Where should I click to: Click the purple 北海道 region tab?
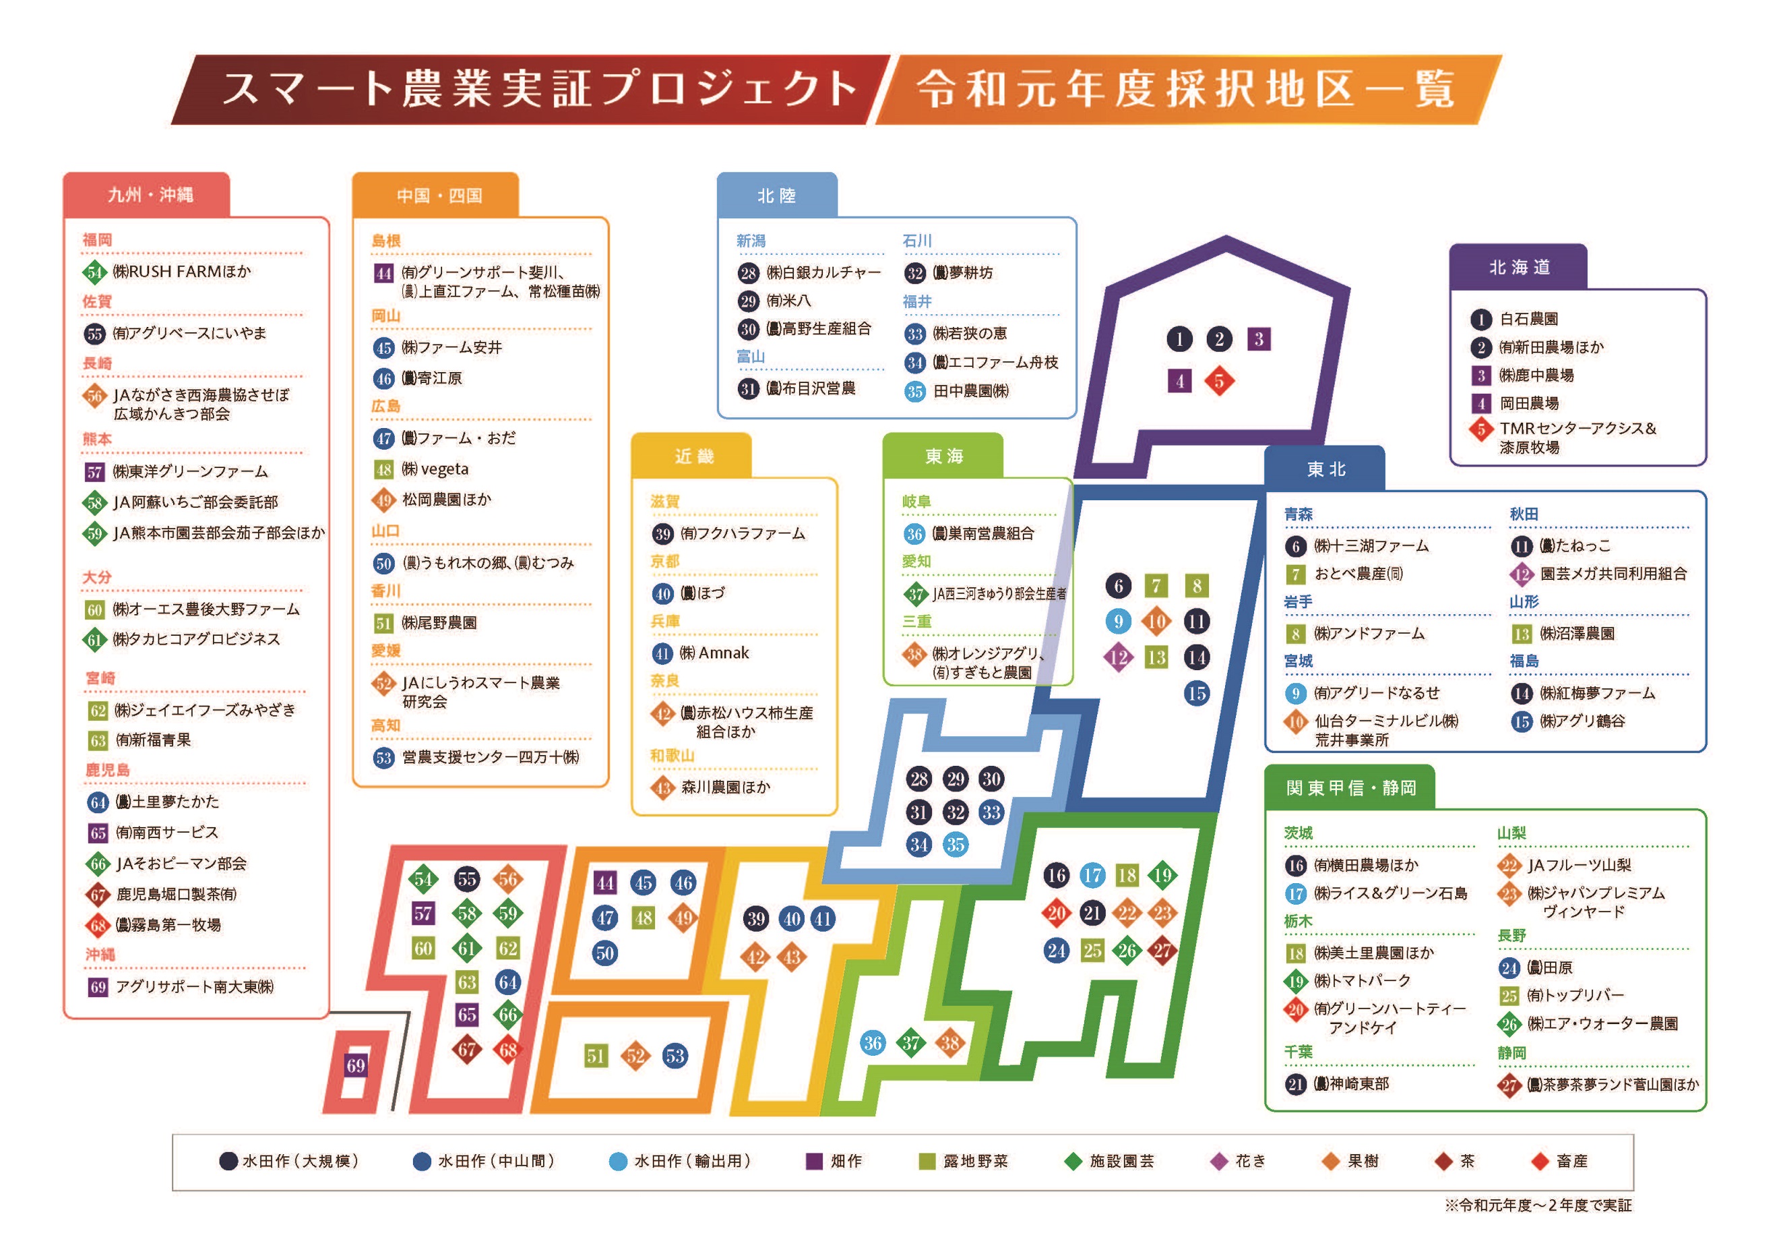click(x=1518, y=268)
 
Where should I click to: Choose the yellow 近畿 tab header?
click(x=693, y=456)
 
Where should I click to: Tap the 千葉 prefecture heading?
click(x=1298, y=1052)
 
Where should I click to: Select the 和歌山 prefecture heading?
click(x=672, y=756)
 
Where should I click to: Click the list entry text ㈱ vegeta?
click(x=435, y=469)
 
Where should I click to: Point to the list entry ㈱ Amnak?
click(x=714, y=653)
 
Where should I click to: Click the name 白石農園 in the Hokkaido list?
click(x=1529, y=319)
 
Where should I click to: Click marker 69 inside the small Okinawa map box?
click(x=356, y=1065)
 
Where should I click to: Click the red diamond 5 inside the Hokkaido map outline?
click(x=1219, y=381)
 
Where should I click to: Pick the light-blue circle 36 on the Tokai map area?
click(x=873, y=1042)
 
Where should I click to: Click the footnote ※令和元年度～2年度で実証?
click(x=1537, y=1205)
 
